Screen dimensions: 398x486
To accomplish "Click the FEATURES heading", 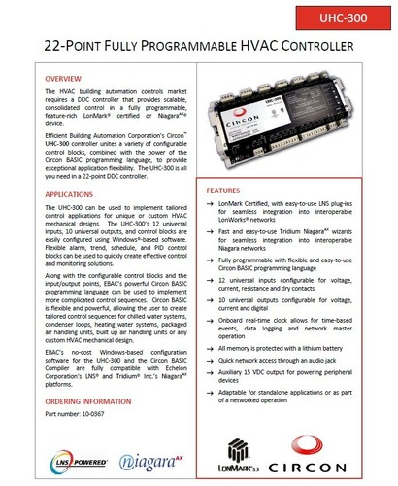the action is (x=230, y=191).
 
